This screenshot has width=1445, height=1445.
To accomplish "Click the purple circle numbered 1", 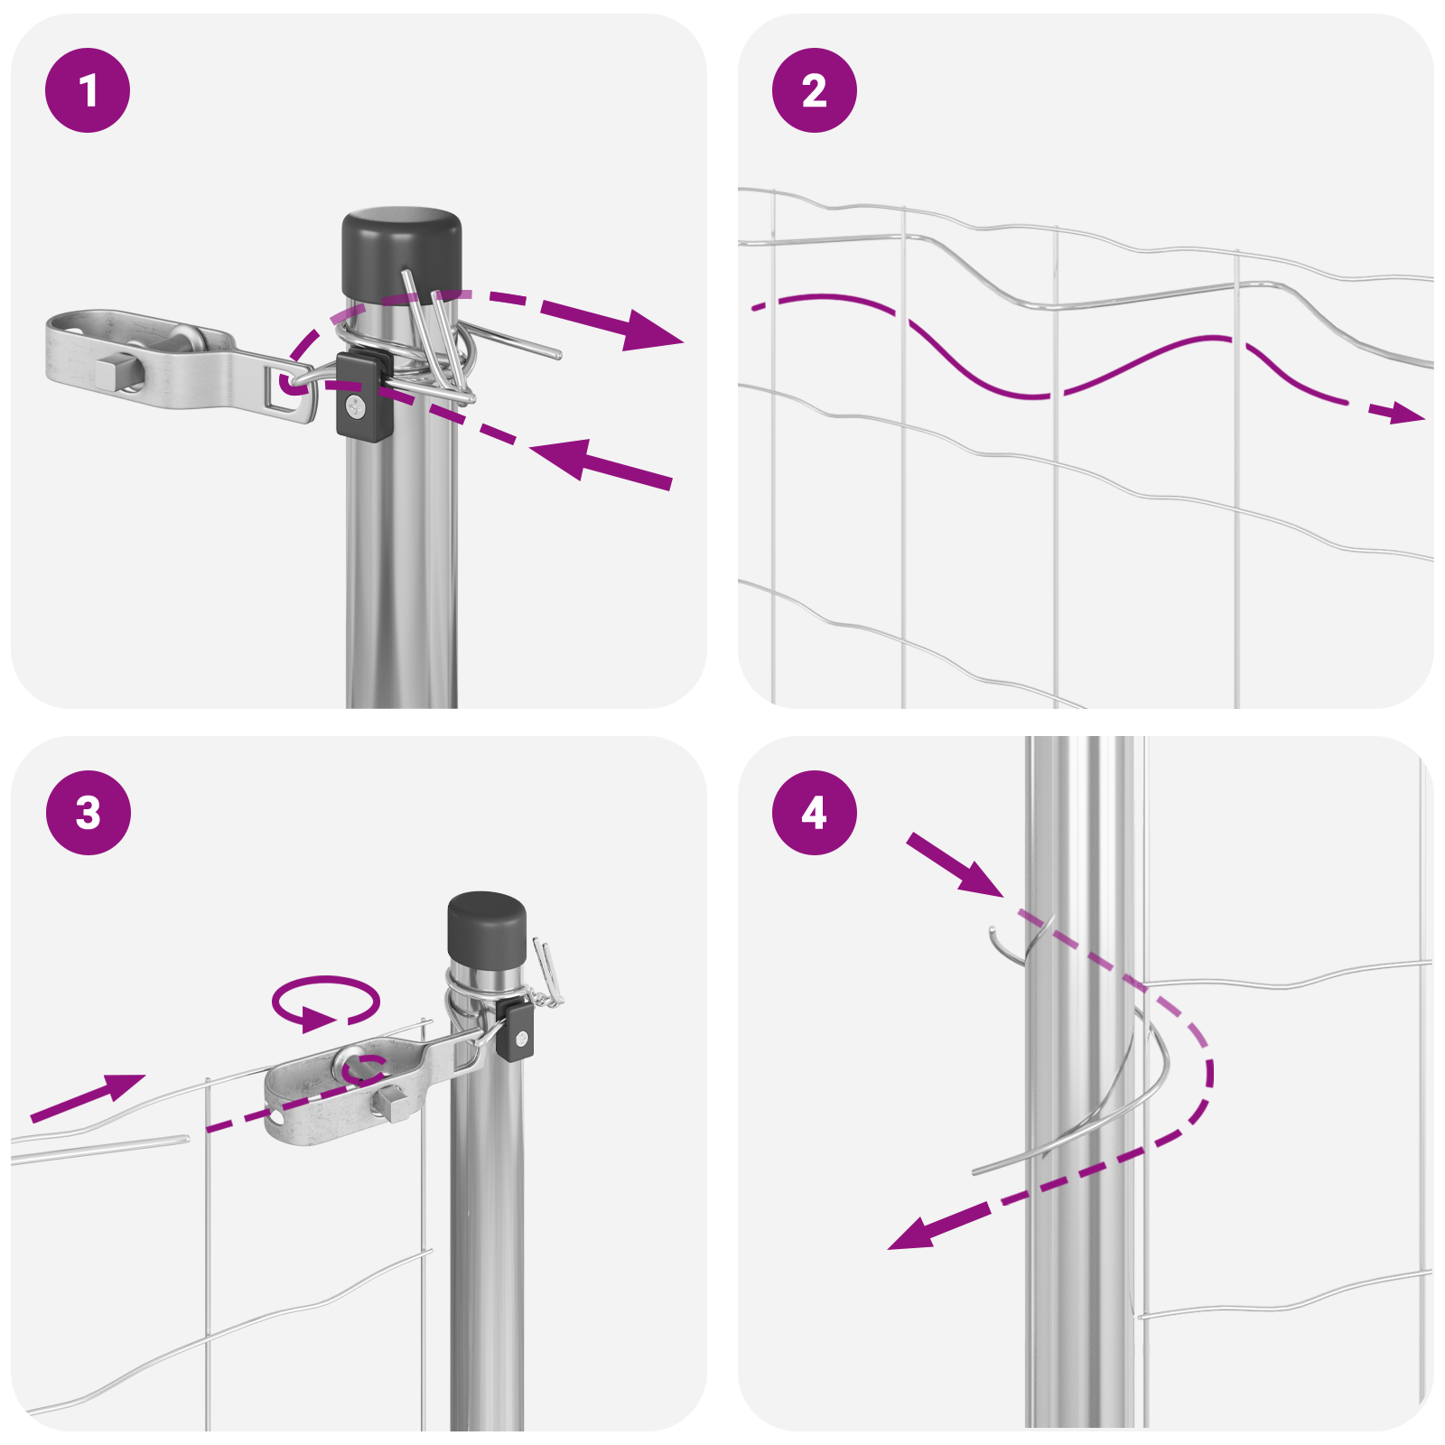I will click(x=88, y=90).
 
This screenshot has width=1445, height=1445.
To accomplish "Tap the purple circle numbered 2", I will click(x=815, y=90).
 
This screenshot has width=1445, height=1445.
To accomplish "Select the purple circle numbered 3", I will click(x=88, y=813).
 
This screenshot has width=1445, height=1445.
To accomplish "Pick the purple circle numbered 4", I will click(x=815, y=813).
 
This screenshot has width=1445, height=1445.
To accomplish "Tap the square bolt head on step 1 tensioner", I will click(x=112, y=371).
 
